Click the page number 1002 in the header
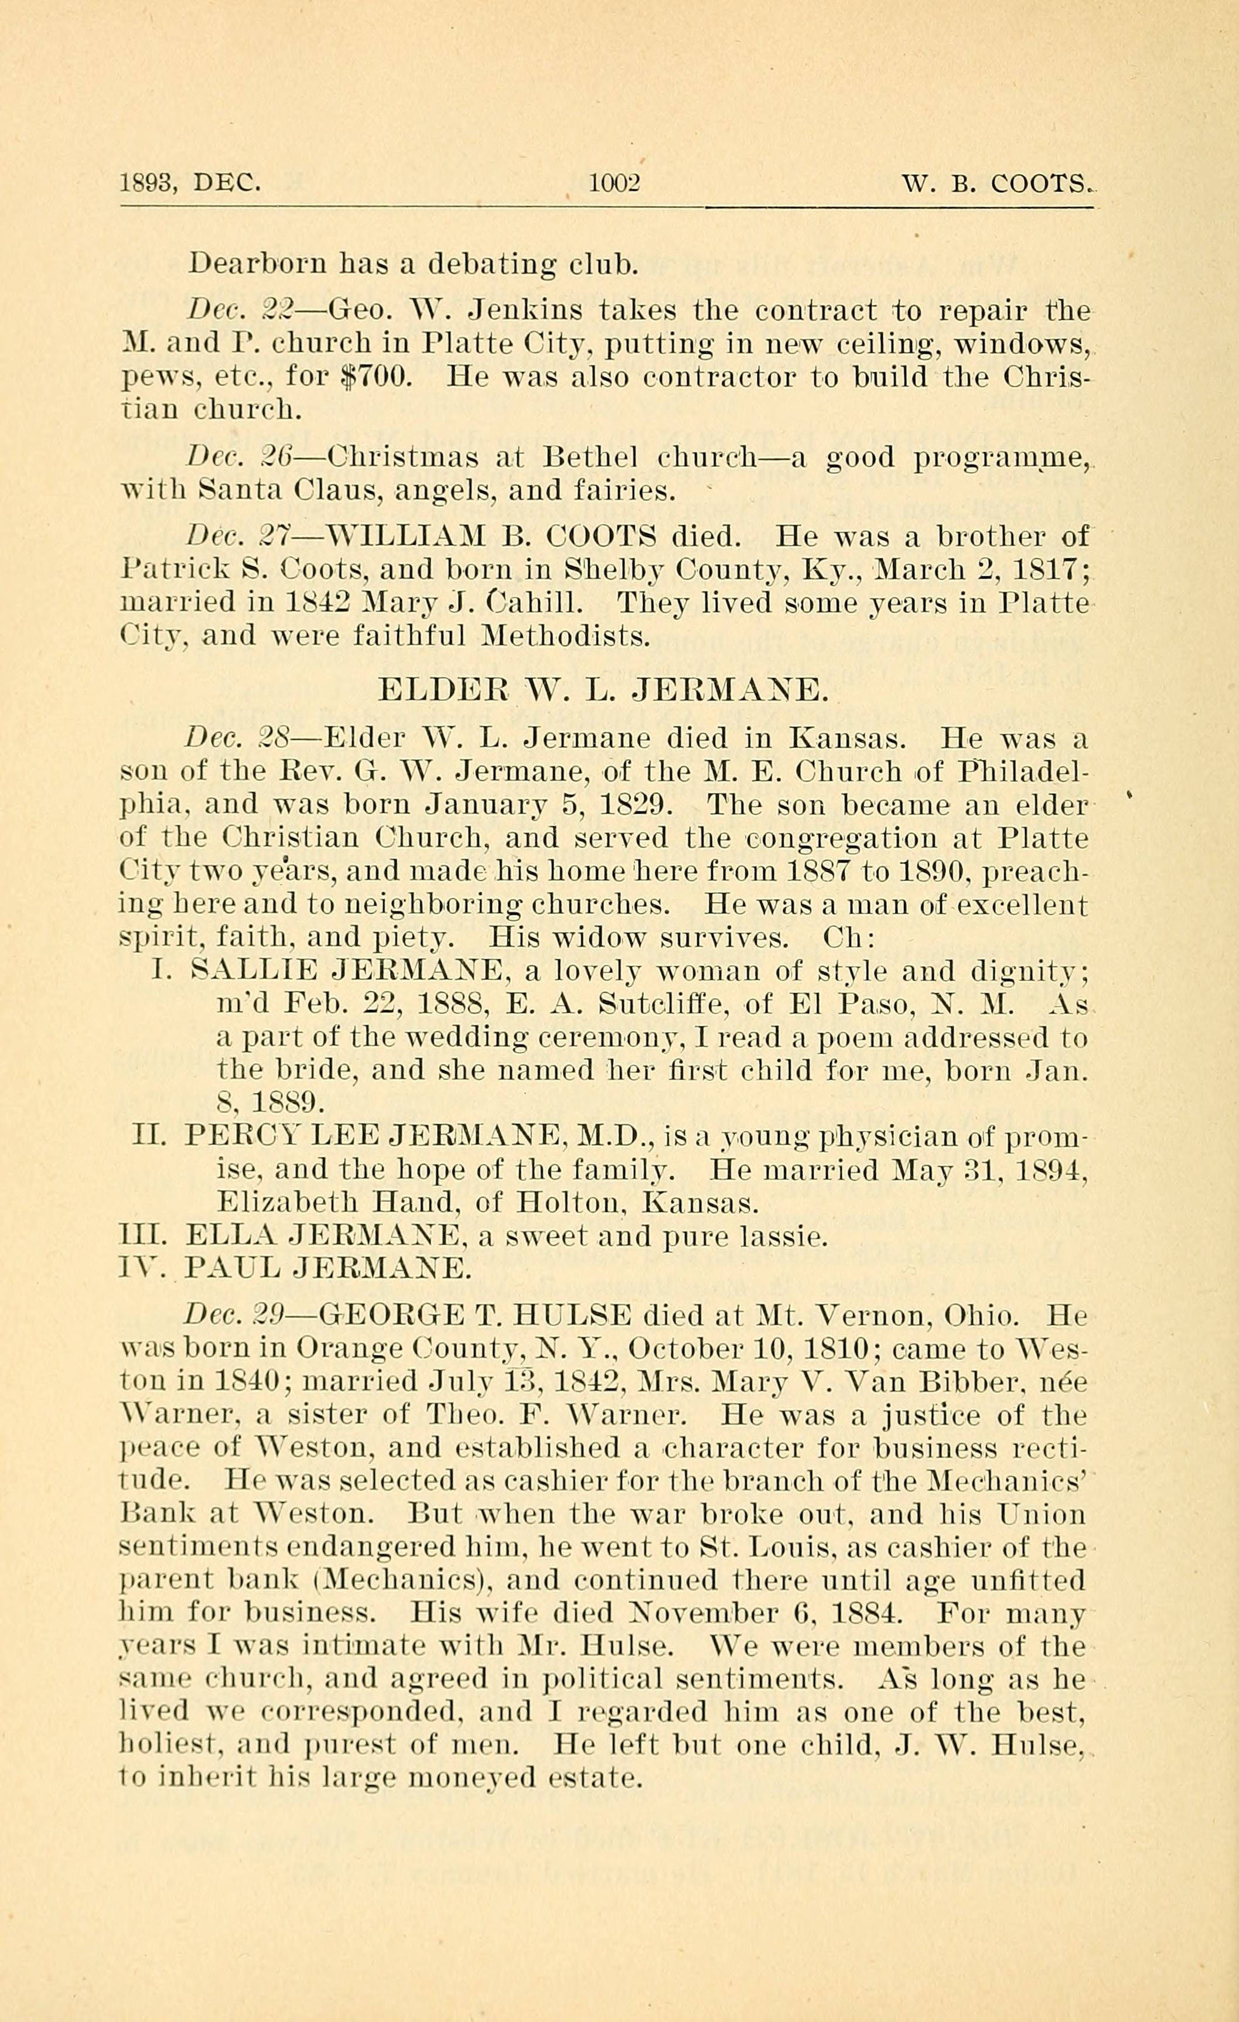pyautogui.click(x=615, y=182)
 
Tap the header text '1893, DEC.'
pyautogui.click(x=190, y=182)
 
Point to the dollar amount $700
pyautogui.click(x=373, y=377)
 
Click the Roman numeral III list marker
pyautogui.click(x=145, y=1236)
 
